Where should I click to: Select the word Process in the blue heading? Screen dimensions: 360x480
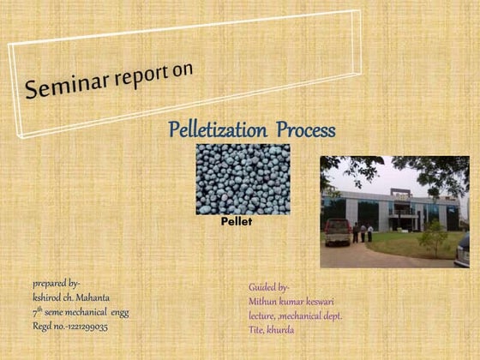coord(304,130)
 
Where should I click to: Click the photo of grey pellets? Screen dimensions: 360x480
coord(243,178)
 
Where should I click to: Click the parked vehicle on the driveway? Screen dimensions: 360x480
coord(338,230)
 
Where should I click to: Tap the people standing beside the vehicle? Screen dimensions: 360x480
coord(363,231)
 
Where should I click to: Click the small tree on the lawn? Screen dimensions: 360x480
coord(433,235)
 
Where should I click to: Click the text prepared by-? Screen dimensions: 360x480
coord(57,282)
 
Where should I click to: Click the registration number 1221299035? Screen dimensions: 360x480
coord(85,327)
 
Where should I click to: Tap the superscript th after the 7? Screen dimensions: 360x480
coord(39,309)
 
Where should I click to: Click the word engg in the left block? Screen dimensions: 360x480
coord(119,313)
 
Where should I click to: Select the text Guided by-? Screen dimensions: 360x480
coord(269,287)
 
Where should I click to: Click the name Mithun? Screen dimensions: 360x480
coord(264,302)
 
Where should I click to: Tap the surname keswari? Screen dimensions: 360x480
coord(330,302)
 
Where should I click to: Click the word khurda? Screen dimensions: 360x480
coord(280,329)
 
